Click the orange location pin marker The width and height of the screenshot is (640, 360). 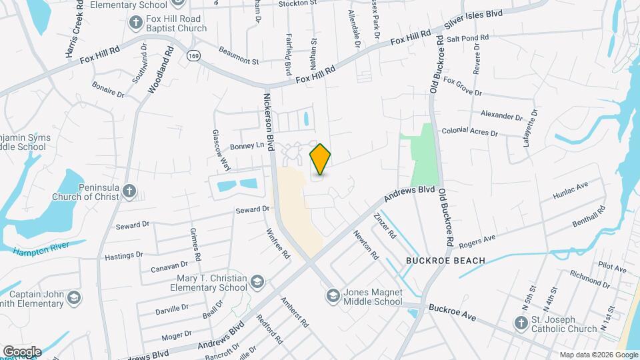(x=321, y=159)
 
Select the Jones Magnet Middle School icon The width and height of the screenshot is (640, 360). (x=332, y=295)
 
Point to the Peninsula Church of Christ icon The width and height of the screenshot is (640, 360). (x=129, y=193)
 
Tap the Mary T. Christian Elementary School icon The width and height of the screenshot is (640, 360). (x=257, y=283)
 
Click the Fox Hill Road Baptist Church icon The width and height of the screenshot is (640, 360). (x=136, y=23)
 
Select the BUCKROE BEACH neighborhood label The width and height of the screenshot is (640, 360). (x=435, y=259)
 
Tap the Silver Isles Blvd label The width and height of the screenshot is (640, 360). (x=474, y=23)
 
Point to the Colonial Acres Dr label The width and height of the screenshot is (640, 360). (x=469, y=133)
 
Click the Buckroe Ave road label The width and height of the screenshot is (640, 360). (x=452, y=313)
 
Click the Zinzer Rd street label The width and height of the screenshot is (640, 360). (x=385, y=226)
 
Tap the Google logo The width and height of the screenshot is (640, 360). (x=22, y=351)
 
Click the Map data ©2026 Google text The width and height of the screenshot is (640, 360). (x=598, y=355)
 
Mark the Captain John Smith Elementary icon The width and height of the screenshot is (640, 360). (x=74, y=297)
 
